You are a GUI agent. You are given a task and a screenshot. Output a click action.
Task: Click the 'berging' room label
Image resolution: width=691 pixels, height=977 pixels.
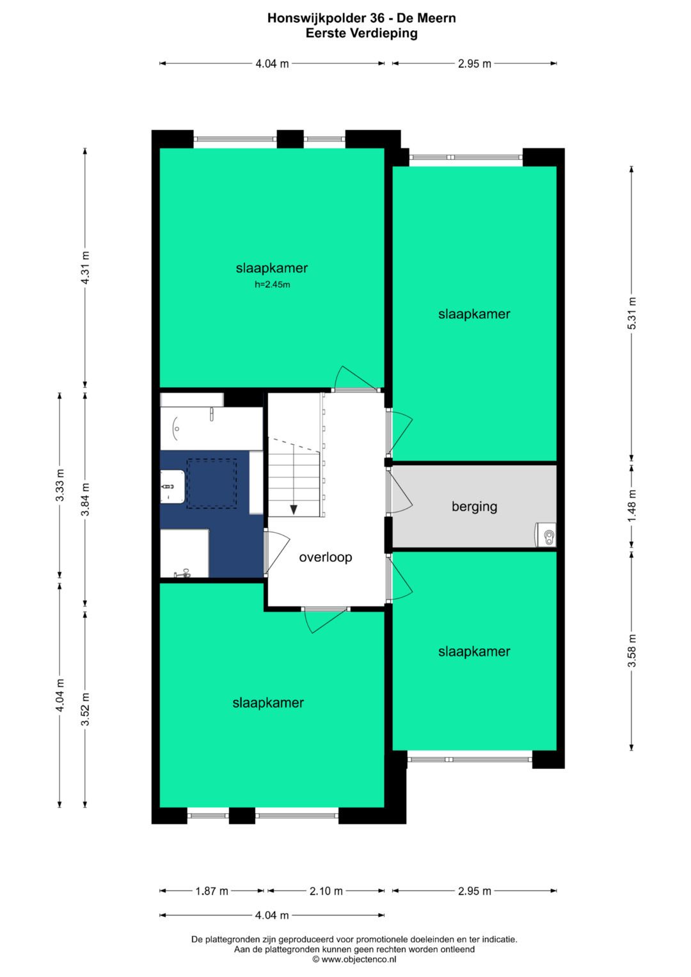pos(474,507)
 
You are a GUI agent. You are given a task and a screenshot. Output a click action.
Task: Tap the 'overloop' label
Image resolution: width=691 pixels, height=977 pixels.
pos(326,557)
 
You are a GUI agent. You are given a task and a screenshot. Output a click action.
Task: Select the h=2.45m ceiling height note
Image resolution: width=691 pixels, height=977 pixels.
pos(272,285)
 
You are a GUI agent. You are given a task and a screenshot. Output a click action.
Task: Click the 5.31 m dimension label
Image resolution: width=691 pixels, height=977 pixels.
pos(632,313)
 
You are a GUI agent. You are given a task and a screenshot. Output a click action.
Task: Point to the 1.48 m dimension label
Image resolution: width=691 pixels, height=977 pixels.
pos(632,505)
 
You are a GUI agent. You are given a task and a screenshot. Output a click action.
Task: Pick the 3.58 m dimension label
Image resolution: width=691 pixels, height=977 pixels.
pos(632,651)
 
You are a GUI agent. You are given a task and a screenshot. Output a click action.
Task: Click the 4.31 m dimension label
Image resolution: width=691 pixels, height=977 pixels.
pos(86,267)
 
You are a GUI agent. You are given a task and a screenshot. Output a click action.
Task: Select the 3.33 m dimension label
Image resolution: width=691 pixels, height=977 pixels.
pos(60,485)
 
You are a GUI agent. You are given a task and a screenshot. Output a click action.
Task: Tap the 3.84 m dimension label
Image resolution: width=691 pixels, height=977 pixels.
pos(86,499)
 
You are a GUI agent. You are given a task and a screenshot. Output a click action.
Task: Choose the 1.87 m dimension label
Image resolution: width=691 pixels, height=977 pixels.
pos(212,891)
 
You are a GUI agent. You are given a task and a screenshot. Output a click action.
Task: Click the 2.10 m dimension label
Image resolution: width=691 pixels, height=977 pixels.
pos(326,891)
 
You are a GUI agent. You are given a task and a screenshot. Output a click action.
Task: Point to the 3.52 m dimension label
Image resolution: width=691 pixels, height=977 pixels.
pos(86,709)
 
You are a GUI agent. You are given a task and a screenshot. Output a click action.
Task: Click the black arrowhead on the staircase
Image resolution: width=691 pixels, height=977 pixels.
pos(294,509)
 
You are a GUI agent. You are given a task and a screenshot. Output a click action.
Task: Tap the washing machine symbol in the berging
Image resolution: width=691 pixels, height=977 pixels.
pos(545,534)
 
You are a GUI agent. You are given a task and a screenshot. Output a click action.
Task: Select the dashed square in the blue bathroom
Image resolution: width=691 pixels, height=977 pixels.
pos(212,483)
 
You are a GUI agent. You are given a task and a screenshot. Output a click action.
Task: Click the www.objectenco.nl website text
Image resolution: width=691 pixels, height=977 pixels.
pos(354,959)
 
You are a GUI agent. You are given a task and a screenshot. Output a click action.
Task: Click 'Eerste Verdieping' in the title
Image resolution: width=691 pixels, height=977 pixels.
pos(361,33)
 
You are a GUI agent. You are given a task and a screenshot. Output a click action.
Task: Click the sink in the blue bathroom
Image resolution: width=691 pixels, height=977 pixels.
pos(173,486)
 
